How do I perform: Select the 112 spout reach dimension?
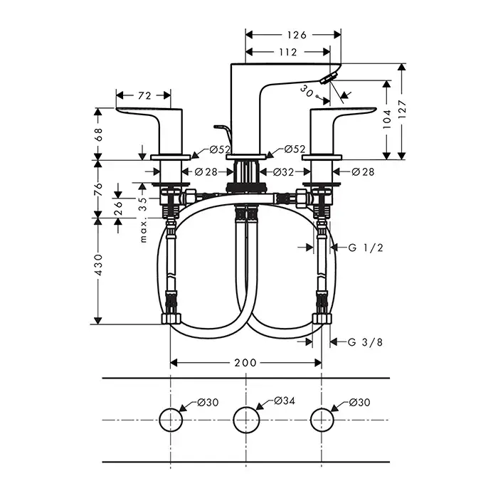click(x=287, y=51)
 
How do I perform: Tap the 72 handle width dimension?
click(x=144, y=95)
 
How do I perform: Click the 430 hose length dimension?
click(x=99, y=265)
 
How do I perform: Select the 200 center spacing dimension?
click(x=245, y=363)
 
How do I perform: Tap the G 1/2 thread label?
click(x=366, y=248)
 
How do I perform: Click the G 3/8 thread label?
click(x=366, y=342)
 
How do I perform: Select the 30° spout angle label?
click(x=307, y=90)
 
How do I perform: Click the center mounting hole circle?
click(x=246, y=420)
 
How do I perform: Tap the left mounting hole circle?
click(x=171, y=420)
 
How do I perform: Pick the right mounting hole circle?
click(x=322, y=420)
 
